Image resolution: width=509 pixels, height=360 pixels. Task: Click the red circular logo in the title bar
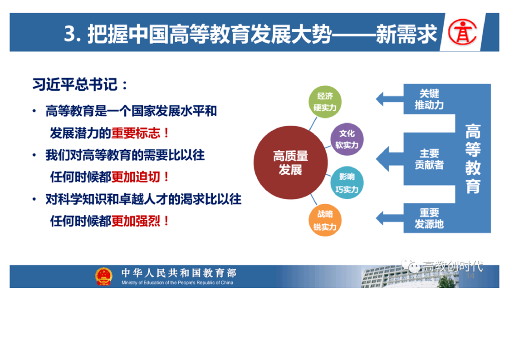pyautogui.click(x=462, y=32)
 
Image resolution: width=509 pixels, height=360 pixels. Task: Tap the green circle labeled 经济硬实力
pyautogui.click(x=325, y=102)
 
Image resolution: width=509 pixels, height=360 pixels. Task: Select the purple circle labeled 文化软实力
pyautogui.click(x=347, y=139)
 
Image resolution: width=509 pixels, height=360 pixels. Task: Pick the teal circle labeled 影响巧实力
pyautogui.click(x=347, y=183)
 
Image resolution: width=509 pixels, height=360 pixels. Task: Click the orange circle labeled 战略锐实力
pyautogui.click(x=325, y=220)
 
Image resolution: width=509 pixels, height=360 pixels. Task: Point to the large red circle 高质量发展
pyautogui.click(x=290, y=163)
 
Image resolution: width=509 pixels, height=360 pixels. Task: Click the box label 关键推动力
pyautogui.click(x=429, y=99)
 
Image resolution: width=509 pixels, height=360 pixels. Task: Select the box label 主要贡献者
pyautogui.click(x=429, y=159)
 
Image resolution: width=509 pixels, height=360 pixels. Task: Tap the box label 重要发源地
pyautogui.click(x=429, y=218)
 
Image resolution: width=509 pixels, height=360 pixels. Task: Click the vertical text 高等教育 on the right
pyautogui.click(x=473, y=158)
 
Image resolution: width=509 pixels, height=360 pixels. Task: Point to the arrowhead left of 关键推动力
pyautogui.click(x=381, y=99)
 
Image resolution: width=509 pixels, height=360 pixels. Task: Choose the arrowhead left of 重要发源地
pyautogui.click(x=381, y=218)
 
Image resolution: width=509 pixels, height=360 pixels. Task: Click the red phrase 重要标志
pyautogui.click(x=136, y=133)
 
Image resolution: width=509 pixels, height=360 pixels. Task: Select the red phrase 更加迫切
pyautogui.click(x=136, y=177)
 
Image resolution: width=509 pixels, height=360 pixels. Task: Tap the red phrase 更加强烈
pyautogui.click(x=136, y=221)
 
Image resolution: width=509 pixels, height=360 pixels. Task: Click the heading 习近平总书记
pyautogui.click(x=75, y=84)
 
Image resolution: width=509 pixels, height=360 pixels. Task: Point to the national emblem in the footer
pyautogui.click(x=103, y=276)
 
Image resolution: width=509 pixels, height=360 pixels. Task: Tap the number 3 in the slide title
pyautogui.click(x=69, y=34)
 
